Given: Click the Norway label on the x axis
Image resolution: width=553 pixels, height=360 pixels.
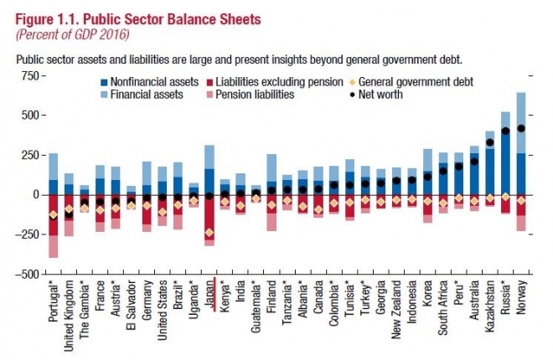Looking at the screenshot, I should (521, 298).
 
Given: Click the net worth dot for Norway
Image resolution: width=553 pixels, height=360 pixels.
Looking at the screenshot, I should (521, 128).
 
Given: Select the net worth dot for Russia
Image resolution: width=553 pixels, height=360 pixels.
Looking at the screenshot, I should (505, 131).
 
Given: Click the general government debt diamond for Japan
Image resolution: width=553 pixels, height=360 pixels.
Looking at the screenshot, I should (209, 232).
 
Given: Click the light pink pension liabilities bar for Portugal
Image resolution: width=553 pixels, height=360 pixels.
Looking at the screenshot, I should (53, 247).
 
